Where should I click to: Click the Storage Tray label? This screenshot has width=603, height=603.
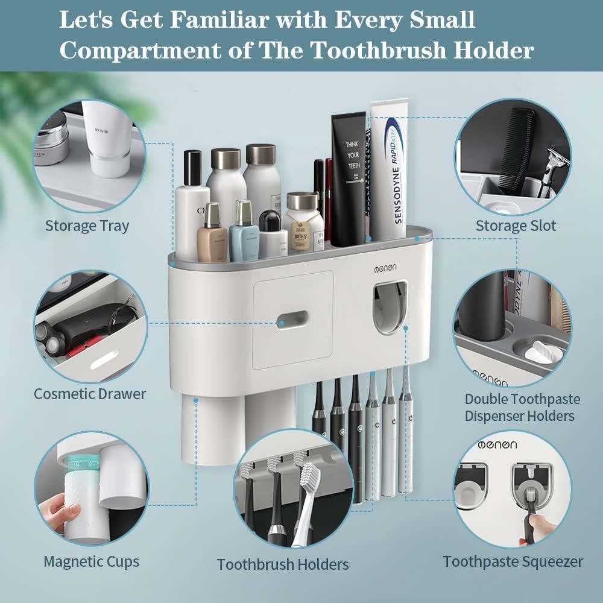(x=87, y=226)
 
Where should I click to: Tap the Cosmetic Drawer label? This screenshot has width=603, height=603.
(x=90, y=394)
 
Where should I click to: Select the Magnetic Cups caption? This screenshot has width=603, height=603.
(x=91, y=561)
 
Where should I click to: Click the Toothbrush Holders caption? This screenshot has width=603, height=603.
(x=283, y=564)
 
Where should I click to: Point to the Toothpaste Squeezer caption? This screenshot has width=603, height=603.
(x=513, y=561)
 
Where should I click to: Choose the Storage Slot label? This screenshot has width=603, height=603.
(x=516, y=226)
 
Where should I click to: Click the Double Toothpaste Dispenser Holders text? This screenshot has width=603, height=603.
(x=522, y=407)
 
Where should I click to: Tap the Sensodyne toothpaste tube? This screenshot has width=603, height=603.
(x=390, y=172)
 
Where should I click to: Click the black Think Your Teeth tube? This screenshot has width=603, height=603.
(x=349, y=178)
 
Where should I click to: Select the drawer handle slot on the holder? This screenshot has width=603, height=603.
(x=292, y=319)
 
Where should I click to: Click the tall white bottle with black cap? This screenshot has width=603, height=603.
(x=192, y=205)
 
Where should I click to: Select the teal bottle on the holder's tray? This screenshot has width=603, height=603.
(x=244, y=232)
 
